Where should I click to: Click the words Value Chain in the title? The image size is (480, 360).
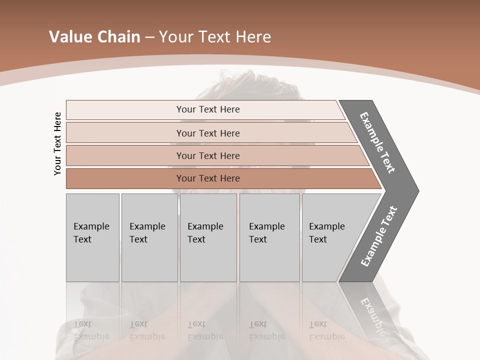point(94,37)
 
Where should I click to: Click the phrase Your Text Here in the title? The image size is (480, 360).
point(215,37)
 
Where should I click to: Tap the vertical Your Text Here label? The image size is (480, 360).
point(57,143)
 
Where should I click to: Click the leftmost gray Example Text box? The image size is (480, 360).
point(92,237)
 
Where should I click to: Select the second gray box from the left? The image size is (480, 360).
point(149,237)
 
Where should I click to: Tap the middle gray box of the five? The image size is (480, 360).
point(208,237)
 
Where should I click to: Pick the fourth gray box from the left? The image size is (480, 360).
point(269,237)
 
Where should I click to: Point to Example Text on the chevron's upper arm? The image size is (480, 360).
point(377,142)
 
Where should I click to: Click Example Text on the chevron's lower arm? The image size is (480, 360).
point(379,236)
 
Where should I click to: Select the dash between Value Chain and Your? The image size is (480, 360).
point(149,37)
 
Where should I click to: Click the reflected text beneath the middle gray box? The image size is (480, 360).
point(205,330)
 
